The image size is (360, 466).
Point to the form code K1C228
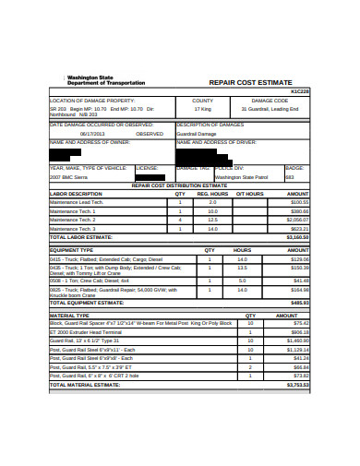point(301,91)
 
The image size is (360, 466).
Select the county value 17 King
point(202,109)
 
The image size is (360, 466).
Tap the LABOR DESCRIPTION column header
point(75,194)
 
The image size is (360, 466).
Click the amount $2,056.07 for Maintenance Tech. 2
point(297,220)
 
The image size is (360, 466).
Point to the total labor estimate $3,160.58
point(296,237)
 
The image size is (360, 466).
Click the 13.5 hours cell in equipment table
point(242,269)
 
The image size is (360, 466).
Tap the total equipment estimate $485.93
point(299,302)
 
